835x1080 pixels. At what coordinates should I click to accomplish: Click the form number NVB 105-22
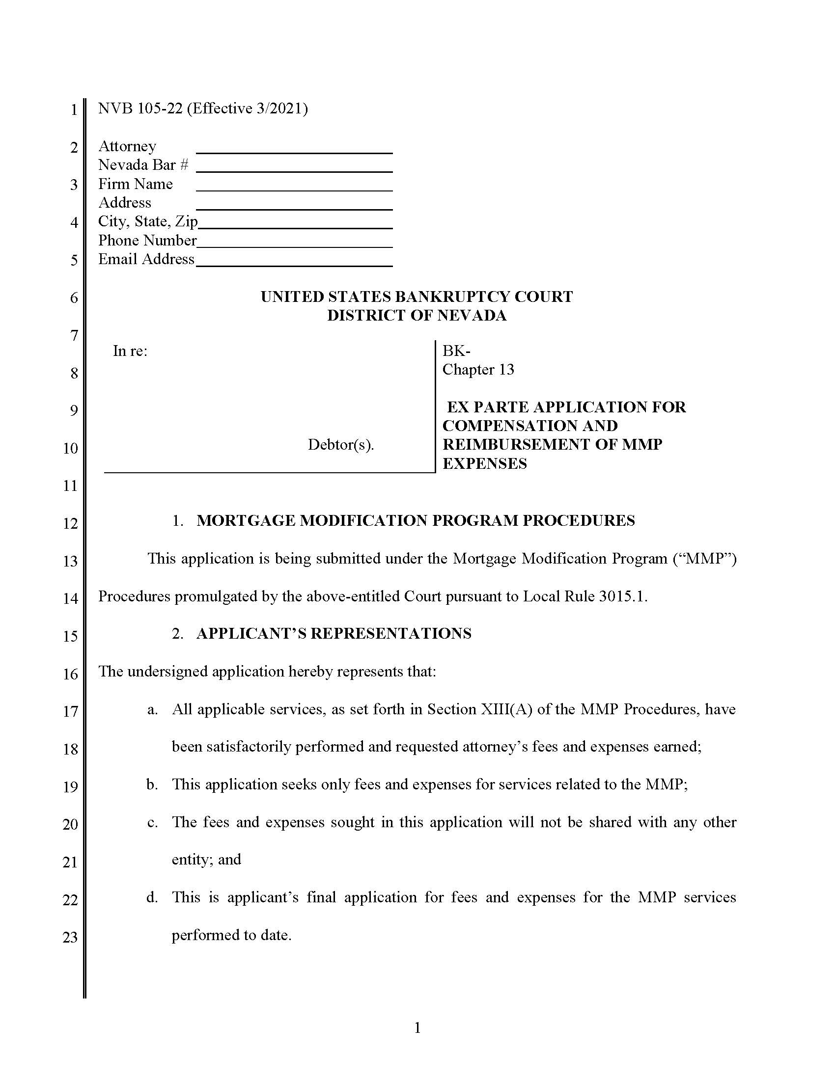pyautogui.click(x=140, y=108)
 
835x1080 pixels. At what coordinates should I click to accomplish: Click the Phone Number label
pyautogui.click(x=147, y=241)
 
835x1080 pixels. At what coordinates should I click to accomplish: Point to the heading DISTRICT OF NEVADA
pyautogui.click(x=417, y=316)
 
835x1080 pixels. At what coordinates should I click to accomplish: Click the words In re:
pyautogui.click(x=130, y=351)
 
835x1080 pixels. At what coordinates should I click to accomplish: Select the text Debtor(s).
pyautogui.click(x=340, y=445)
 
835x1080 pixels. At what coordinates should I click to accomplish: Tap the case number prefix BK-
pyautogui.click(x=456, y=351)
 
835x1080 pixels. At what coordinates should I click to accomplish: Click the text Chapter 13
pyautogui.click(x=478, y=369)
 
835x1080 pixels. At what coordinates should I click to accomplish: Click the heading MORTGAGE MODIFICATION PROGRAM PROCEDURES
pyautogui.click(x=416, y=521)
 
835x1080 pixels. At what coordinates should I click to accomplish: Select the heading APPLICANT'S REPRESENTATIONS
pyautogui.click(x=334, y=633)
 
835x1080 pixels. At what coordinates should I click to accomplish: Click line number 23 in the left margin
pyautogui.click(x=70, y=937)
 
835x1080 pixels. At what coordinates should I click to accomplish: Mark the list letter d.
pyautogui.click(x=152, y=897)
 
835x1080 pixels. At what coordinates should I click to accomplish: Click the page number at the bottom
pyautogui.click(x=417, y=1028)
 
